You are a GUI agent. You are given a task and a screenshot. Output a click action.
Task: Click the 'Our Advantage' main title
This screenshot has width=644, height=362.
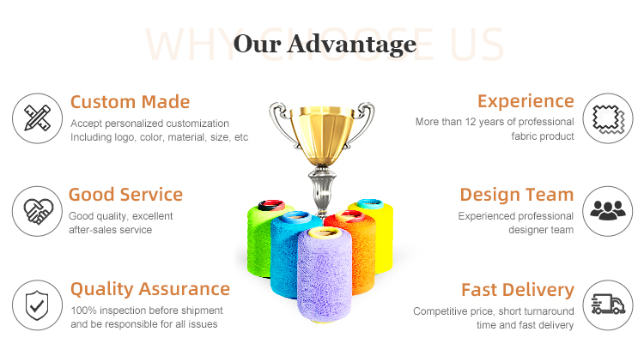[x=325, y=44]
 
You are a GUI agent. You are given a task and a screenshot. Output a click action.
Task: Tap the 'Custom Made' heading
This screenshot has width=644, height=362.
[x=130, y=102]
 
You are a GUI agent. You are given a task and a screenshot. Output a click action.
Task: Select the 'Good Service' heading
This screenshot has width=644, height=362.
[x=125, y=195]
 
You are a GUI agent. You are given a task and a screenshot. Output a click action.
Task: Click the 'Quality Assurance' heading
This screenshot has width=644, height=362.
[x=150, y=289]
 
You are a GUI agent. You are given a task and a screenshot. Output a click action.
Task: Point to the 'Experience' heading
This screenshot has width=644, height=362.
[x=526, y=101]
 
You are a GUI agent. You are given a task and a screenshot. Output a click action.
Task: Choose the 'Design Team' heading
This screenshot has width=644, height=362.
[x=517, y=195]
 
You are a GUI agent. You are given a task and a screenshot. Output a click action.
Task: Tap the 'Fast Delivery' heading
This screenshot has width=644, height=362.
[x=518, y=290]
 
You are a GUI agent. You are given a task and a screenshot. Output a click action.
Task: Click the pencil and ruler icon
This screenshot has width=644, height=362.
[x=38, y=118]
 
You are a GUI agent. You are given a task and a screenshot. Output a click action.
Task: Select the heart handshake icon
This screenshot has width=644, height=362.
[x=38, y=211]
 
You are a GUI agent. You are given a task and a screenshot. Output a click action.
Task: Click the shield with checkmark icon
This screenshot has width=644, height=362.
[x=37, y=305]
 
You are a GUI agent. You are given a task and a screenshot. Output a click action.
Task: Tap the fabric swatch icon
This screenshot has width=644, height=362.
[x=608, y=119]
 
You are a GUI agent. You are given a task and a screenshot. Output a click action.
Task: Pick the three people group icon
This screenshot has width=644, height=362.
[x=608, y=210]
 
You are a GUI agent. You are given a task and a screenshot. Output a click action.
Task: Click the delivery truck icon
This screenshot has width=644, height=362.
[x=608, y=305]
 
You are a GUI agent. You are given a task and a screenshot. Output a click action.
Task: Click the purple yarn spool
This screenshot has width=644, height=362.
[x=325, y=275]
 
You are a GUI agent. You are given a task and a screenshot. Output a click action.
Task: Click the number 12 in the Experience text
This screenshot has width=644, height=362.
[x=471, y=122]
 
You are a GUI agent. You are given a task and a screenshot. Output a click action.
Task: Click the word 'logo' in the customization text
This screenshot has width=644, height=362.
[x=125, y=137]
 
